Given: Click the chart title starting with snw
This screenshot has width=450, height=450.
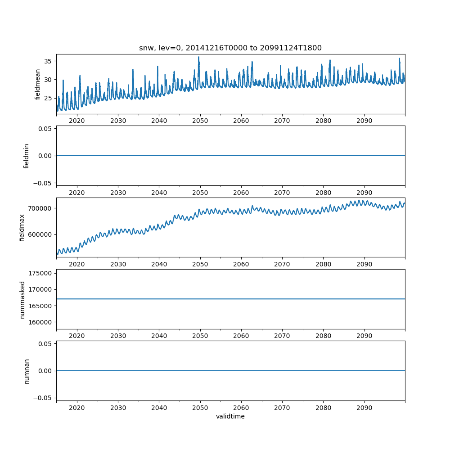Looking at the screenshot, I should point(230,48).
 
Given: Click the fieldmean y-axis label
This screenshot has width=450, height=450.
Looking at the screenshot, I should point(38,84).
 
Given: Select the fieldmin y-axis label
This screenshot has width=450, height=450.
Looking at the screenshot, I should point(26,156).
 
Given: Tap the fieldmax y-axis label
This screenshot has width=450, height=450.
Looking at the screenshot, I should point(22,227).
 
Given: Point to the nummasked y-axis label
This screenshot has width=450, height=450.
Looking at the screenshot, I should point(22,299).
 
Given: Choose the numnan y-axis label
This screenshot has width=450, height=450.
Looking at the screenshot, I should point(27,371).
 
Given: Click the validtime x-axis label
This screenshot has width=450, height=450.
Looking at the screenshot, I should point(230,417).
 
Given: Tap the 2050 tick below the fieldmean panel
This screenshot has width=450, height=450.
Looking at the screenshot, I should point(200,121).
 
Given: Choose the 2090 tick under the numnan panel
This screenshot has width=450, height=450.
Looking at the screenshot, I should point(364,408).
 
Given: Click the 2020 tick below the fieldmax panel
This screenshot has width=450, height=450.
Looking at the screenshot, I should point(77,265).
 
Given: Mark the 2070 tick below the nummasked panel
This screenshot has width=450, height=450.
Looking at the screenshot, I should point(282,336).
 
